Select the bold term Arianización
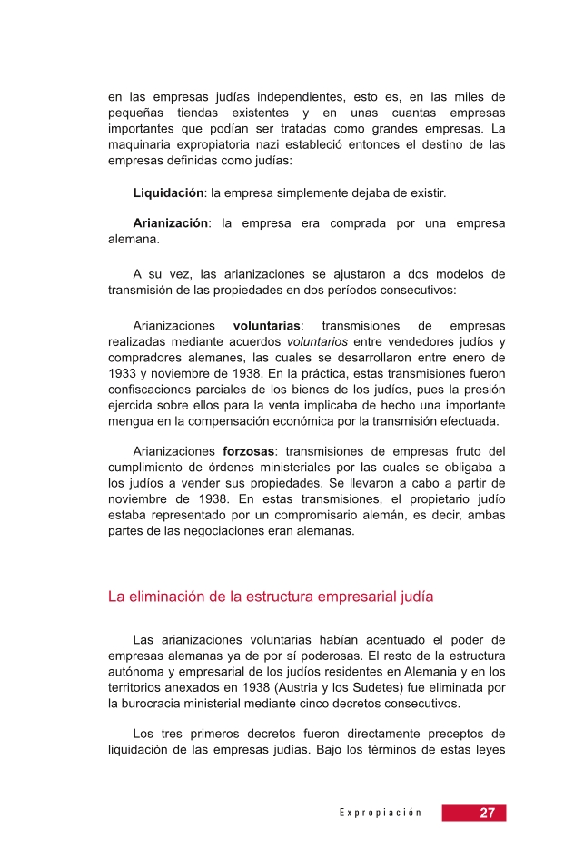pos(171,222)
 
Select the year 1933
pos(121,374)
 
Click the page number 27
pos(487,813)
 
